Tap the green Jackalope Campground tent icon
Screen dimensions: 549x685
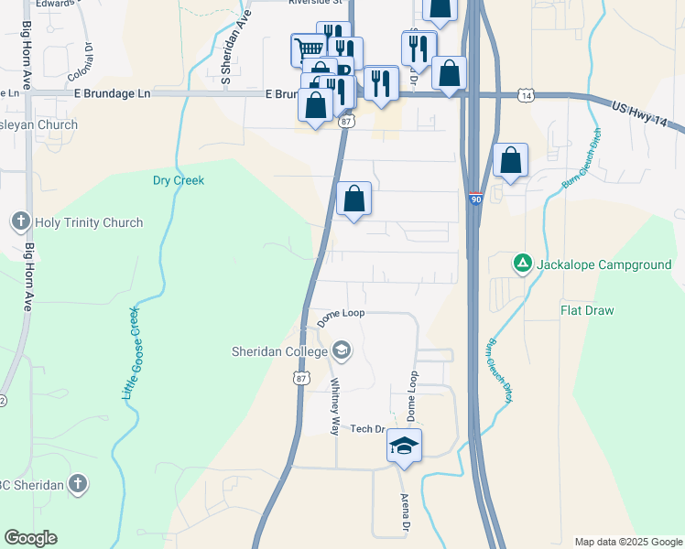[522, 264]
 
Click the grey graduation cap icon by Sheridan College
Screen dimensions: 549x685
[342, 350]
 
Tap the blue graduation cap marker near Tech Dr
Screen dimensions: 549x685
[404, 446]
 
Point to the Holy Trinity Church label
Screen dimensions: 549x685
[88, 222]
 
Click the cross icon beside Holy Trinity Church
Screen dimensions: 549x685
[21, 221]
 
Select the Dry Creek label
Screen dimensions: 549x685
[178, 180]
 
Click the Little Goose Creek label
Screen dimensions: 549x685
[132, 353]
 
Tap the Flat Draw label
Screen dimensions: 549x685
[587, 310]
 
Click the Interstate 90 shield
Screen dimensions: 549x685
[476, 199]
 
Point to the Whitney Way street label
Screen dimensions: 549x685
[335, 405]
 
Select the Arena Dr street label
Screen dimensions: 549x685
[404, 514]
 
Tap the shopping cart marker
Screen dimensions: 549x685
[310, 49]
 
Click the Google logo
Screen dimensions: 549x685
[30, 538]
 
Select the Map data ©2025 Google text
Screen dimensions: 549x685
[627, 542]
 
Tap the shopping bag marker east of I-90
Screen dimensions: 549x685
[511, 160]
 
